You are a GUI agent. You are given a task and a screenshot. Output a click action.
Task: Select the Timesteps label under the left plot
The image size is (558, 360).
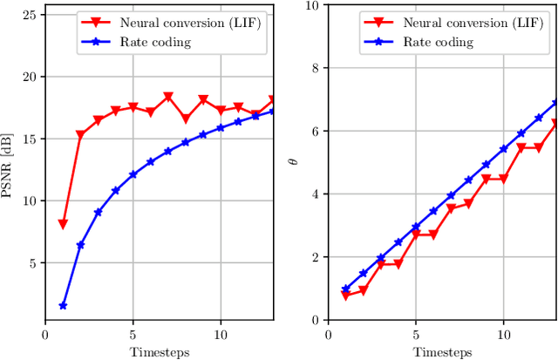[x=160, y=351]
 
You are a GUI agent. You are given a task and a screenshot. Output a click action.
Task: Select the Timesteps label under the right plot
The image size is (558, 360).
[x=442, y=351]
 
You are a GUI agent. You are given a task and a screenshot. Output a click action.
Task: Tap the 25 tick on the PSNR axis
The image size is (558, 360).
[x=30, y=15]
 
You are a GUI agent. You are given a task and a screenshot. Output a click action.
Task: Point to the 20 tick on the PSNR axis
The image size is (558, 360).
[x=30, y=77]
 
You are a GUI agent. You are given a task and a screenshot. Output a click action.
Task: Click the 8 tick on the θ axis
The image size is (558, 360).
[x=316, y=68]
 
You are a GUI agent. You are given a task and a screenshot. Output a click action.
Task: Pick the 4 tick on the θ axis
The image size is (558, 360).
[x=316, y=194]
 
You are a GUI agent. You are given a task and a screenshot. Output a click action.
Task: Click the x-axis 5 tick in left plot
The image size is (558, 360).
[x=133, y=334]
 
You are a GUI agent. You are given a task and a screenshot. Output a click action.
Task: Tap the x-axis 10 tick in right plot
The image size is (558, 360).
[x=503, y=334]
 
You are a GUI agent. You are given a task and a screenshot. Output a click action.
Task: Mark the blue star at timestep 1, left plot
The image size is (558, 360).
[x=63, y=306]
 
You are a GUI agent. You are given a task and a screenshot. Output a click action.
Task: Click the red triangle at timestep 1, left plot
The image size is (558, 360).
[x=63, y=225]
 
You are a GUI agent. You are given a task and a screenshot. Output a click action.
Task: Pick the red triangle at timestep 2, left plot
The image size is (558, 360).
[x=80, y=136]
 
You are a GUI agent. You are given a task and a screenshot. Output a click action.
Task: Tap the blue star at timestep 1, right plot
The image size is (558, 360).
[x=345, y=289]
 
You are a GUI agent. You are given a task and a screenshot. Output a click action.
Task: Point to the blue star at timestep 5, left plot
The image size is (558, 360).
[x=133, y=174]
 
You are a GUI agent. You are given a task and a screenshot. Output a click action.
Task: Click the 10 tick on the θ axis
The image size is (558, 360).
[x=313, y=5]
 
